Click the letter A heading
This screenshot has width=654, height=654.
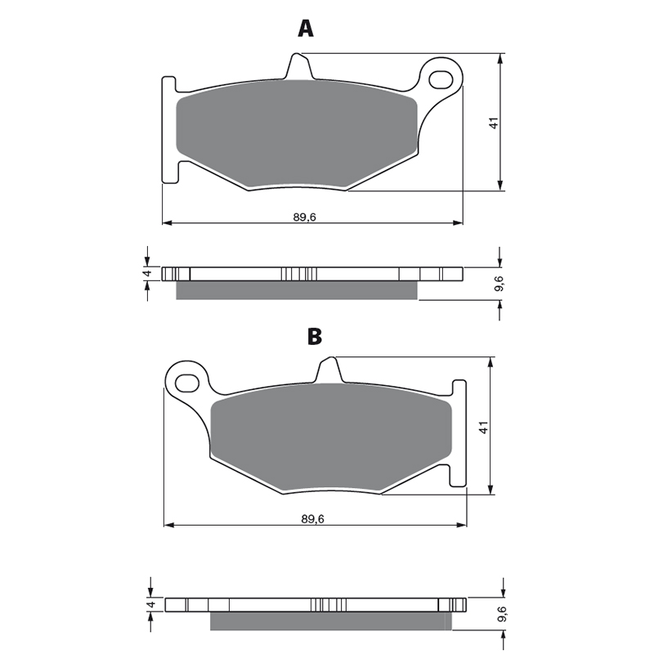tap(306, 29)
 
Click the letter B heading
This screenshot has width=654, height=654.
tap(315, 337)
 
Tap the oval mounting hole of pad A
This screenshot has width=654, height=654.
tap(441, 79)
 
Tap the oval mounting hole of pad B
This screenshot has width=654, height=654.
tap(187, 382)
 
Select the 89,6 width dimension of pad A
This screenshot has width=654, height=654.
tap(305, 217)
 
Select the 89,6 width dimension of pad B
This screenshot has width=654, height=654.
tap(313, 519)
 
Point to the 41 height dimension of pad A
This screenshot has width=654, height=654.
tap(495, 123)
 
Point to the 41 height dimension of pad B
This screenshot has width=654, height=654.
tap(483, 428)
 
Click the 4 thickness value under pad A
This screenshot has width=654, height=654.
tap(146, 274)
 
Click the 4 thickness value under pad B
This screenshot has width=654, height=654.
tap(151, 604)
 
